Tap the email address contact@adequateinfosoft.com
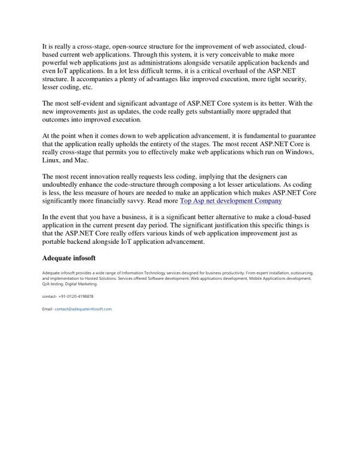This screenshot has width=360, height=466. coord(83,309)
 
